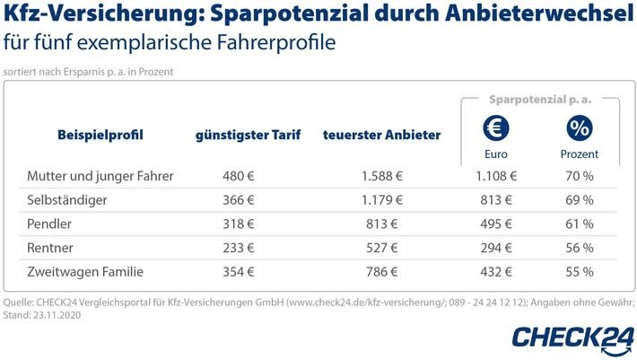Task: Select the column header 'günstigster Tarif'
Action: pyautogui.click(x=249, y=136)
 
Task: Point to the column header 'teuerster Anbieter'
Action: pyautogui.click(x=381, y=136)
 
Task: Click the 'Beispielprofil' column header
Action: pyautogui.click(x=100, y=136)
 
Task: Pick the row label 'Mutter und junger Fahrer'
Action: pyautogui.click(x=100, y=177)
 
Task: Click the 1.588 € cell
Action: pyautogui.click(x=381, y=177)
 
